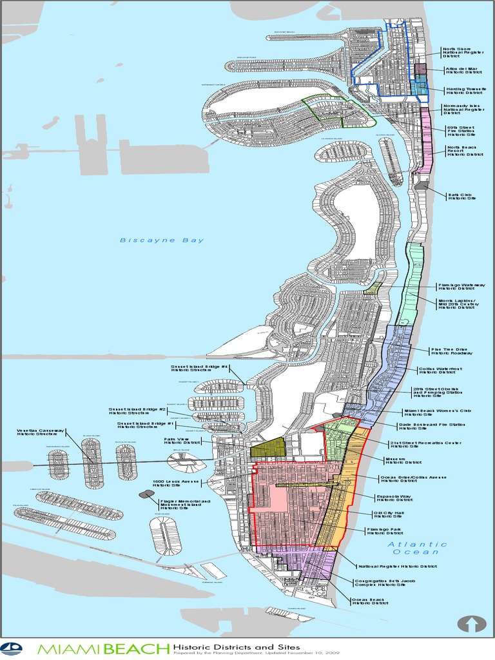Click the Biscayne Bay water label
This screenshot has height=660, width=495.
[162, 240]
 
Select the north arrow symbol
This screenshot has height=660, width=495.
[471, 624]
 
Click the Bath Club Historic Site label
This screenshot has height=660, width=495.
[462, 195]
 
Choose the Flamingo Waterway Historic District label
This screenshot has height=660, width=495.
[461, 287]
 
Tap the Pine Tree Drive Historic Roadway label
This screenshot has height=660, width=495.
[451, 351]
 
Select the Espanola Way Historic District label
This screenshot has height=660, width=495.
[394, 499]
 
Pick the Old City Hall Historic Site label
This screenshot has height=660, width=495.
[388, 514]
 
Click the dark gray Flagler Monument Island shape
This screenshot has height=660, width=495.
[146, 494]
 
